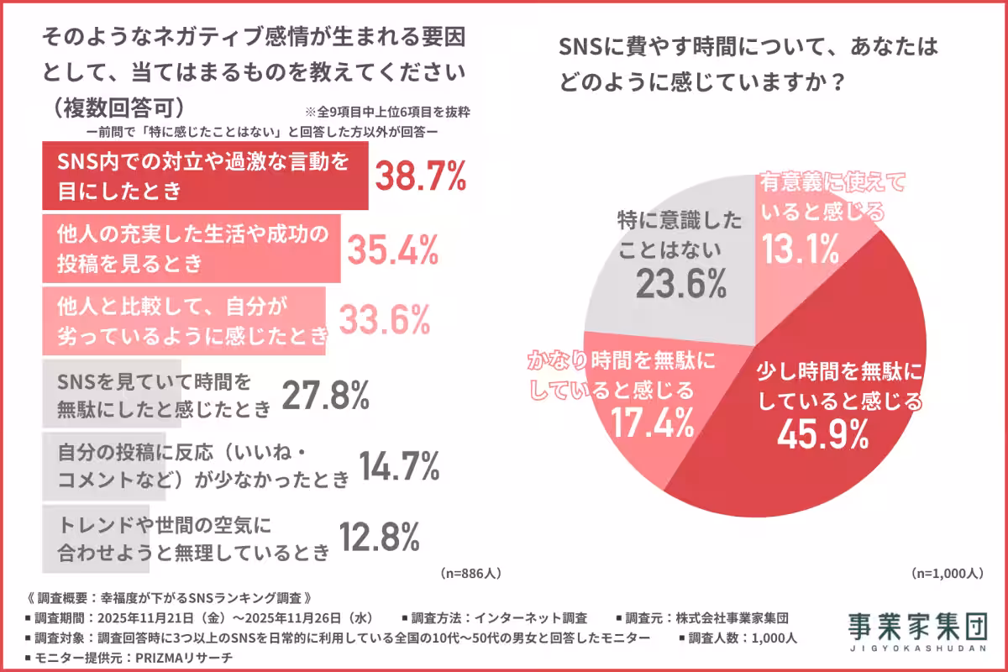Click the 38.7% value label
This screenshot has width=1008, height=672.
pos(419,177)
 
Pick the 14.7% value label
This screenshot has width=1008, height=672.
pos(399,466)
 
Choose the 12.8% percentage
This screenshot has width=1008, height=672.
pos(378,537)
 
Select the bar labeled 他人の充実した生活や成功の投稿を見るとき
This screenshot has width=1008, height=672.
pos(191,249)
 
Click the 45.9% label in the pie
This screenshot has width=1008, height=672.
pos(822,433)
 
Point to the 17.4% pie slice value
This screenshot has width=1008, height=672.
pos(646,422)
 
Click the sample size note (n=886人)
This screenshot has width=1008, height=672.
pos(470,573)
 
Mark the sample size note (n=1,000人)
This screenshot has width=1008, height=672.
pos(946,573)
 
